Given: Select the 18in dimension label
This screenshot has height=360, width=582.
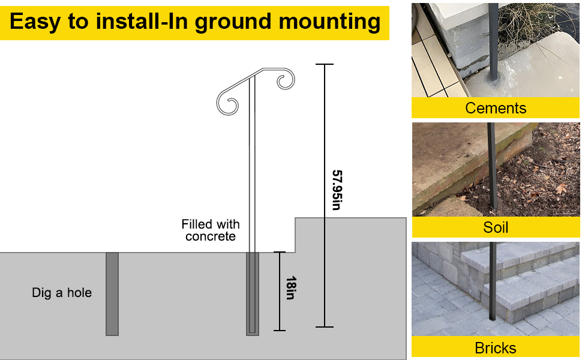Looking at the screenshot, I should coord(290,288).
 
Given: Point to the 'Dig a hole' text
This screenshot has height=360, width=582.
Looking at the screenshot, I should coord(62,293).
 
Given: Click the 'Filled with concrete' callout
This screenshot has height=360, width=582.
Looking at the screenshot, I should coord(211,230).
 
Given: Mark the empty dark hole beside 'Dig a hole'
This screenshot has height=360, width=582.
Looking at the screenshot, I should coord(112,293).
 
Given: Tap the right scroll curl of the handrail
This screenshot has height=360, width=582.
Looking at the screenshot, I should coord(286,80).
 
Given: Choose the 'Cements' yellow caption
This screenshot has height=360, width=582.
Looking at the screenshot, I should coord(496,108).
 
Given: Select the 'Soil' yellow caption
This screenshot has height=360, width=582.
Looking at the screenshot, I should coord(496,227).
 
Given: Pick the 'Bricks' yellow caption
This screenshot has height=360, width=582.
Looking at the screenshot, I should coord(496,347).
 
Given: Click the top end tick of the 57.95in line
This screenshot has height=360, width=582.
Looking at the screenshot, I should coord(325,64).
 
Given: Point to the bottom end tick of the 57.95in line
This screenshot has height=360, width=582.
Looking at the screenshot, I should coord(325,327).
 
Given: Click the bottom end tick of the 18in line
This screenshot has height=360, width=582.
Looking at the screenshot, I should coord(279,330).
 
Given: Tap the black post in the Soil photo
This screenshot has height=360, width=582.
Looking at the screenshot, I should coord(491,168).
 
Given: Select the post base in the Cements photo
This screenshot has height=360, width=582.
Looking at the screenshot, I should coord(494,78).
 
